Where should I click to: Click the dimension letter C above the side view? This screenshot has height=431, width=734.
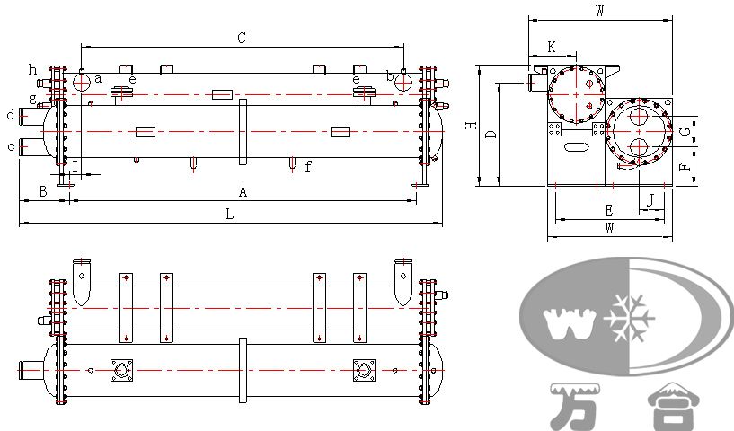click(x=242, y=38)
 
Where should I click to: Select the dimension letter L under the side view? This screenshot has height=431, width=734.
click(x=229, y=214)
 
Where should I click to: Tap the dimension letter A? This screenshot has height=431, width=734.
click(x=243, y=191)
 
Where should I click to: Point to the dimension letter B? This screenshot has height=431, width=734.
click(x=42, y=191)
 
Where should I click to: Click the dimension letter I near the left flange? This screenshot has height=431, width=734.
click(x=75, y=166)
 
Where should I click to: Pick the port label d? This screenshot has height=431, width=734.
click(x=11, y=114)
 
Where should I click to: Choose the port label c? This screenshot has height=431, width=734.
click(x=12, y=147)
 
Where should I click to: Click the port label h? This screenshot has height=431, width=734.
click(x=32, y=70)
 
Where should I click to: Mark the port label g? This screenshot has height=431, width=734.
click(x=32, y=98)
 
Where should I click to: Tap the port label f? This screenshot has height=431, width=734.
click(x=307, y=166)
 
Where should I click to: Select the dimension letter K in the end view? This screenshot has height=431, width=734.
click(x=552, y=47)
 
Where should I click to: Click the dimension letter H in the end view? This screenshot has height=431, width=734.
click(x=472, y=126)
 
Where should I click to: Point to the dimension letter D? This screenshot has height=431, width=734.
click(x=491, y=135)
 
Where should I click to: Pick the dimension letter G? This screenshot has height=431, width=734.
click(x=685, y=131)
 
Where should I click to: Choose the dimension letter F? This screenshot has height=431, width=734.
click(x=685, y=167)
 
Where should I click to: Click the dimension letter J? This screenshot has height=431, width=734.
click(x=650, y=200)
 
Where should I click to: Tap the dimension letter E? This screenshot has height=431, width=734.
click(x=608, y=211)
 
